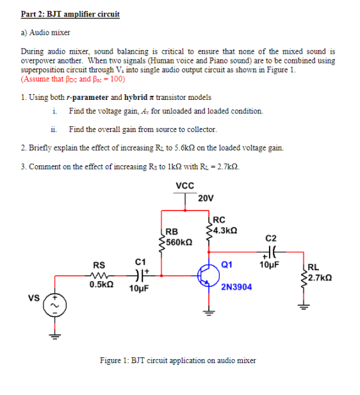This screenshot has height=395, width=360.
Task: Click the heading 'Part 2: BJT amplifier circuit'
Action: click(70, 13)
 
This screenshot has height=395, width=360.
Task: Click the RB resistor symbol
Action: click(162, 241)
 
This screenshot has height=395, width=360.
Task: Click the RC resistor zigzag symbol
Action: click(208, 230)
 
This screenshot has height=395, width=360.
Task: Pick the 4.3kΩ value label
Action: click(225, 229)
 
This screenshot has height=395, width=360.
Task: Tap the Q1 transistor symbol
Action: click(206, 276)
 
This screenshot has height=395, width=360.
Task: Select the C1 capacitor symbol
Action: click(139, 277)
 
